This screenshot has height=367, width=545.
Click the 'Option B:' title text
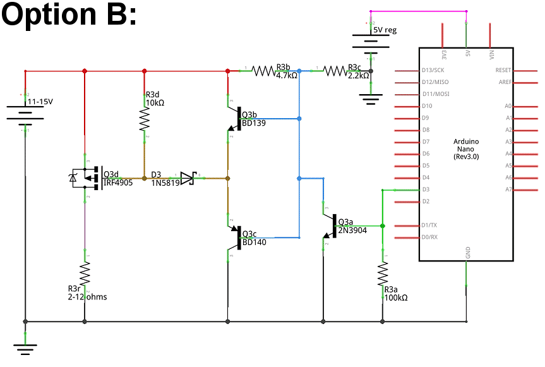(69, 16)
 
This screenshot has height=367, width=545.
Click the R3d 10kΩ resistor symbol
(145, 118)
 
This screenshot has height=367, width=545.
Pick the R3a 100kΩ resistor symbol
(382, 274)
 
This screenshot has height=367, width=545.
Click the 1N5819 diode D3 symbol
(188, 179)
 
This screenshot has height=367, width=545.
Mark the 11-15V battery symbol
(25, 114)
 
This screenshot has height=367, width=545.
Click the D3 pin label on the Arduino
(426, 190)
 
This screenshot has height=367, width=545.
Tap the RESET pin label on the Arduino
(503, 70)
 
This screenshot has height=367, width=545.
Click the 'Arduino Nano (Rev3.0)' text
(466, 148)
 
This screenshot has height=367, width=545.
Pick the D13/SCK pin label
(434, 70)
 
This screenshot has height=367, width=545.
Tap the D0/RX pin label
(430, 238)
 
